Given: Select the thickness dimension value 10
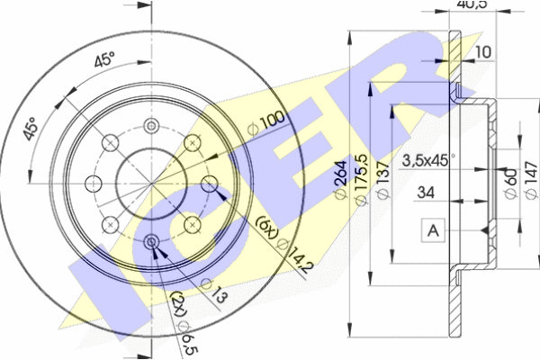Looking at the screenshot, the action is (x=483, y=52).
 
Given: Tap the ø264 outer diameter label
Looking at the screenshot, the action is (x=341, y=179).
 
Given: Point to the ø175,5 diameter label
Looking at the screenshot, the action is (x=361, y=179).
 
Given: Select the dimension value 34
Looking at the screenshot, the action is (x=426, y=193).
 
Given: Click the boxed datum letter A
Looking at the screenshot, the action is (x=433, y=230).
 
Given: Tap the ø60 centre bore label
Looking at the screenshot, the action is (x=511, y=183).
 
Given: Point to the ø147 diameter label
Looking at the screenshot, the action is (x=531, y=180).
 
